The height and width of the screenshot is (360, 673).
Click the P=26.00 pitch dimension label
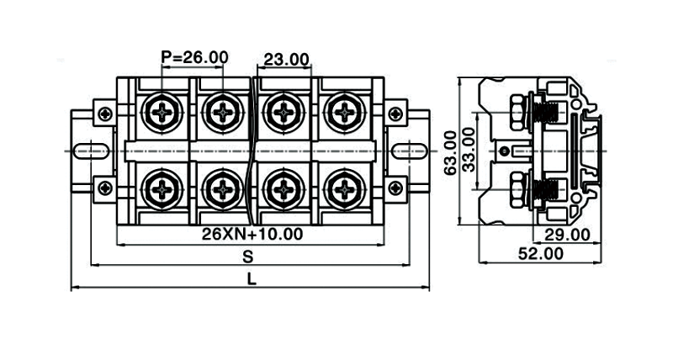[194, 57]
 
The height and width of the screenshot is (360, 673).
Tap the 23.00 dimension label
[287, 59]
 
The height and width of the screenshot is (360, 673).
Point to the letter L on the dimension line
[252, 278]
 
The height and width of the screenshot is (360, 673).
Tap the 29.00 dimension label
[564, 235]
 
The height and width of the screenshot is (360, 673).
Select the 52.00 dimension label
[540, 252]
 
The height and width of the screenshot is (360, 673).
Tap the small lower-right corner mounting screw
[394, 188]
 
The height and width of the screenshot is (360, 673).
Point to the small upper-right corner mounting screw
[394, 112]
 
